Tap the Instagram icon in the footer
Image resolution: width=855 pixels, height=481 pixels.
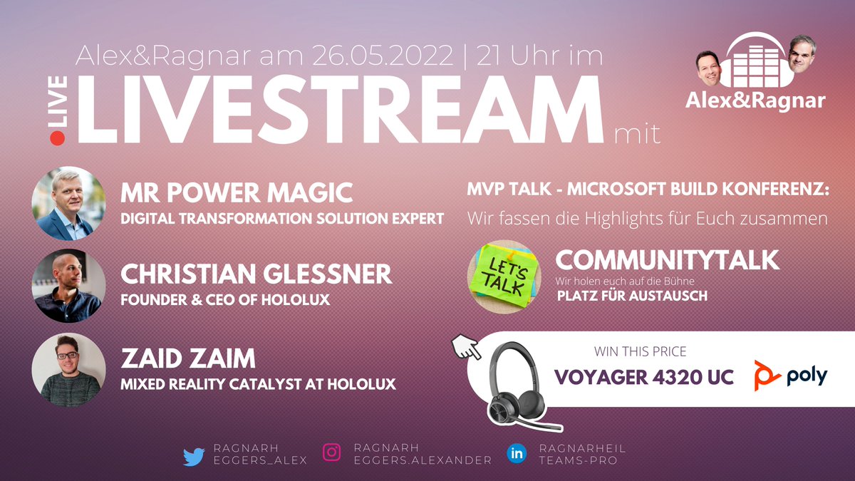[332, 452]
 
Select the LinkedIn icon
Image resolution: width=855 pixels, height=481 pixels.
[517, 453]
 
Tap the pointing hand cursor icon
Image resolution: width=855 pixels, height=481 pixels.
[465, 346]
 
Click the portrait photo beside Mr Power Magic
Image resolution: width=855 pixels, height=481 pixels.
[68, 204]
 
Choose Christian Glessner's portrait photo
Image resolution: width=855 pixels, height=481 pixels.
[68, 286]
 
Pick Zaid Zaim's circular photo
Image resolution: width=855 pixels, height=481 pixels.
[68, 370]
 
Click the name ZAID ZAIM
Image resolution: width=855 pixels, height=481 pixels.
[188, 358]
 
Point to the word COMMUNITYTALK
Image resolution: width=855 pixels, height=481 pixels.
[667, 260]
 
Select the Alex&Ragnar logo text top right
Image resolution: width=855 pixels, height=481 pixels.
[755, 100]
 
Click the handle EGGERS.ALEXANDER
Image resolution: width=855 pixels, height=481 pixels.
[423, 460]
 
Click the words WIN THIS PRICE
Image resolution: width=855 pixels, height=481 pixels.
[641, 352]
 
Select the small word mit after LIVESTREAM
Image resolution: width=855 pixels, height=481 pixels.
[636, 132]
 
